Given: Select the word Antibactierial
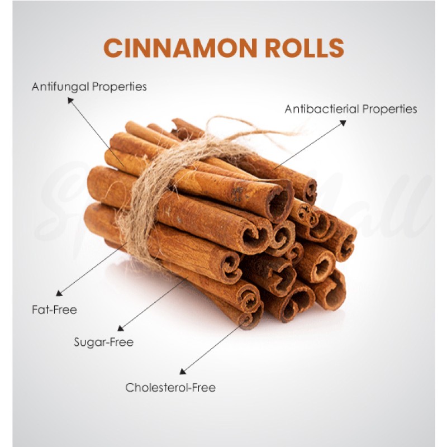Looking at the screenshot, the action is click(322, 108).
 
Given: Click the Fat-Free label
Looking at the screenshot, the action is click(54, 310).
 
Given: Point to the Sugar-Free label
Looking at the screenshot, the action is click(103, 342).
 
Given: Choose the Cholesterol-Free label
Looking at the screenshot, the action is click(170, 387).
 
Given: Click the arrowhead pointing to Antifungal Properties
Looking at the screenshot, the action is click(70, 101).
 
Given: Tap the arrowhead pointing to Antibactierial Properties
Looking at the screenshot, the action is click(343, 123).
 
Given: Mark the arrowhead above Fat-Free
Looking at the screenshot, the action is click(59, 293).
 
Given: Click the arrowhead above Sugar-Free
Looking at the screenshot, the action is click(121, 328).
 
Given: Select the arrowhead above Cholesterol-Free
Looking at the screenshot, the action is click(183, 371).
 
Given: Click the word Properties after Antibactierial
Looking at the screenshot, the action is click(389, 109).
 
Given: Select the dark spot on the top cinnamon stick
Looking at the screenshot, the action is click(237, 194).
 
